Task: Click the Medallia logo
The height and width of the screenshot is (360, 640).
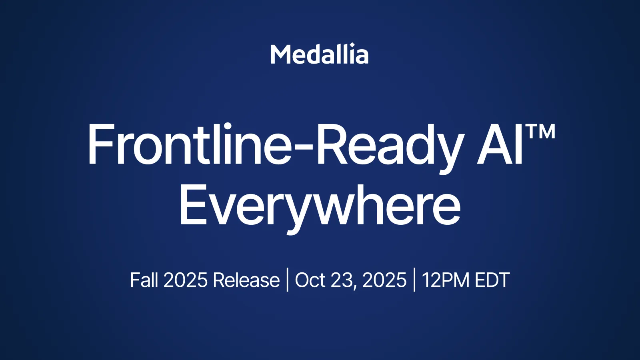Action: tap(320, 54)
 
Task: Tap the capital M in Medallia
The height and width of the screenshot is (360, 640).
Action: tap(280, 54)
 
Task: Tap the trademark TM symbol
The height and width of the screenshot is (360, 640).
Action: tap(540, 132)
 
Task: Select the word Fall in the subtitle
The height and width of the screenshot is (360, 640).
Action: tap(144, 280)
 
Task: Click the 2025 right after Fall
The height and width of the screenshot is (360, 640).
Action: tap(186, 280)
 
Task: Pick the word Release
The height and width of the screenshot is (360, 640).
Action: tap(246, 280)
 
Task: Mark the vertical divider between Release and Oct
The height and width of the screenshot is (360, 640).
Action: tap(288, 280)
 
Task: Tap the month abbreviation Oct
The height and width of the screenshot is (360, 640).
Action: tap(310, 280)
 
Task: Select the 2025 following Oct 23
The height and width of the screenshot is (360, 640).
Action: tap(384, 280)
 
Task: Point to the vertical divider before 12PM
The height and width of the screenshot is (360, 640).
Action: tap(414, 280)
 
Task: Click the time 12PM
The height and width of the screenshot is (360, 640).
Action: tap(445, 280)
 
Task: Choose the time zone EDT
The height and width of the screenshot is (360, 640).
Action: tap(492, 280)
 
